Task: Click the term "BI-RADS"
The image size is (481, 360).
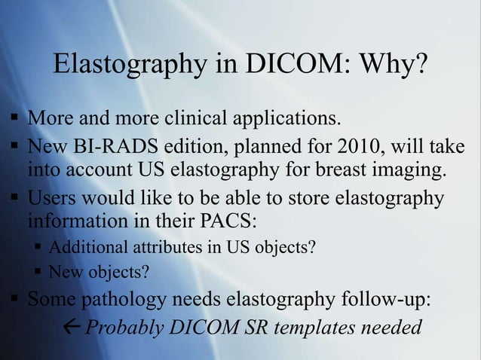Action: pos(106,147)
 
